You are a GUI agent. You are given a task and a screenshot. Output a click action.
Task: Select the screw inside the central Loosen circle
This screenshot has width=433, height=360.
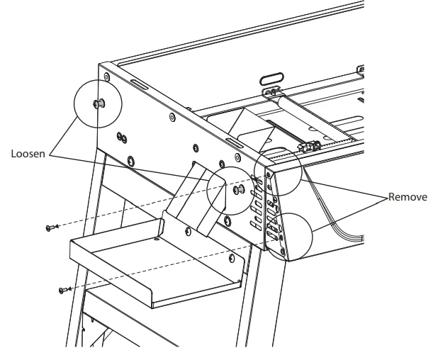237,190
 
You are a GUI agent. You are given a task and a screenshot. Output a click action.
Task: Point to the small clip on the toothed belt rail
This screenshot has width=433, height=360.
307,148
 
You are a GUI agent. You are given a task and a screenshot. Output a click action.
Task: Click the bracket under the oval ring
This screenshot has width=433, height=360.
271,92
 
